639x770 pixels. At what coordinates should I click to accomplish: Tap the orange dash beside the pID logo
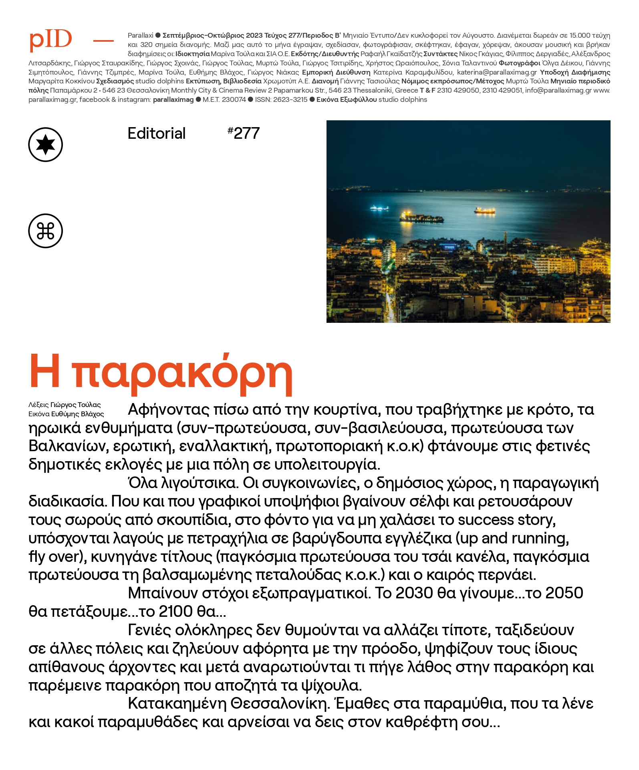pyautogui.click(x=103, y=41)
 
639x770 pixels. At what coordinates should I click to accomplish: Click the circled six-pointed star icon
pyautogui.click(x=46, y=145)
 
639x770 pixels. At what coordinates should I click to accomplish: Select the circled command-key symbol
pyautogui.click(x=46, y=231)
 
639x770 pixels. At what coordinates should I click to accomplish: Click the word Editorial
pyautogui.click(x=156, y=134)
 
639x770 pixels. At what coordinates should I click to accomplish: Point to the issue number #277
pyautogui.click(x=244, y=133)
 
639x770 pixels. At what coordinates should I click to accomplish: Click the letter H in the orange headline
pyautogui.click(x=45, y=371)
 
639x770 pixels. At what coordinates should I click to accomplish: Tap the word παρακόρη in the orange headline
pyautogui.click(x=182, y=373)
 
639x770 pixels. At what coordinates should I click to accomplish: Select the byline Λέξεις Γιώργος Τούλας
pyautogui.click(x=65, y=405)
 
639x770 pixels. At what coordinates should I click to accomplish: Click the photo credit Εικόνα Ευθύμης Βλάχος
pyautogui.click(x=66, y=414)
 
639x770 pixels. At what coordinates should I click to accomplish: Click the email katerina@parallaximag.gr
pyautogui.click(x=497, y=72)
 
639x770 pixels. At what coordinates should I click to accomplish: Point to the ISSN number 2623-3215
pyautogui.click(x=281, y=99)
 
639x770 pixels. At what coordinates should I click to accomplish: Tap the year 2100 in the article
pyautogui.click(x=176, y=612)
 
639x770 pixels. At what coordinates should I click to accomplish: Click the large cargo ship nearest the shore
pyautogui.click(x=421, y=218)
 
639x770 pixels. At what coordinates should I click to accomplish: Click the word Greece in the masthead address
pyautogui.click(x=406, y=91)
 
